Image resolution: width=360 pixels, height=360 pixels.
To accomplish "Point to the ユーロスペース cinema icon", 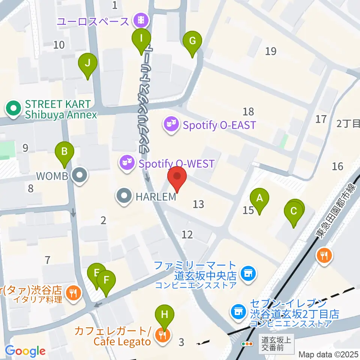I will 142,19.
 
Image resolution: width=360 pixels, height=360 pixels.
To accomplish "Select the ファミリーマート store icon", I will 247,273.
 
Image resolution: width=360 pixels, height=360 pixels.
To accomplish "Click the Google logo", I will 25,351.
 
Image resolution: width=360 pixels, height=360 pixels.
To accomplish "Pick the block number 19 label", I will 270,51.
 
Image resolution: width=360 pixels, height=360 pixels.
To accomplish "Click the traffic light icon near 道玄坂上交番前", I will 247,343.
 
